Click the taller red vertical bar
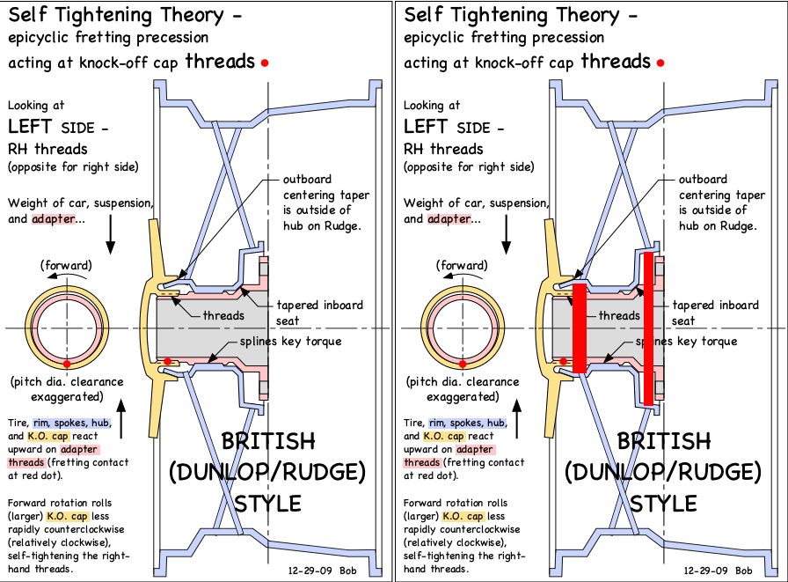pos(648,328)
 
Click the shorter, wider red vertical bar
pos(580,328)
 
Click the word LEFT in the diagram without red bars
pos(30,126)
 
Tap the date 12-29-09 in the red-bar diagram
pos(705,571)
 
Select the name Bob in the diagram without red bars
pos(347,571)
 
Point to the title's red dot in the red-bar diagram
pos(660,63)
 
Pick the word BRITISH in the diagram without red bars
pos(268,441)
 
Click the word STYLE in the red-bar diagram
pos(663,504)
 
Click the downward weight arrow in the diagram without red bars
pos(111,234)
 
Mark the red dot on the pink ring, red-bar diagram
pos(463,364)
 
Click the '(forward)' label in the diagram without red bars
pos(66,266)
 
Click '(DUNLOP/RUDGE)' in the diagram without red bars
pos(267,472)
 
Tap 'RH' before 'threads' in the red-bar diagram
pos(413,150)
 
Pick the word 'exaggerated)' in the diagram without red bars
pos(67,397)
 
